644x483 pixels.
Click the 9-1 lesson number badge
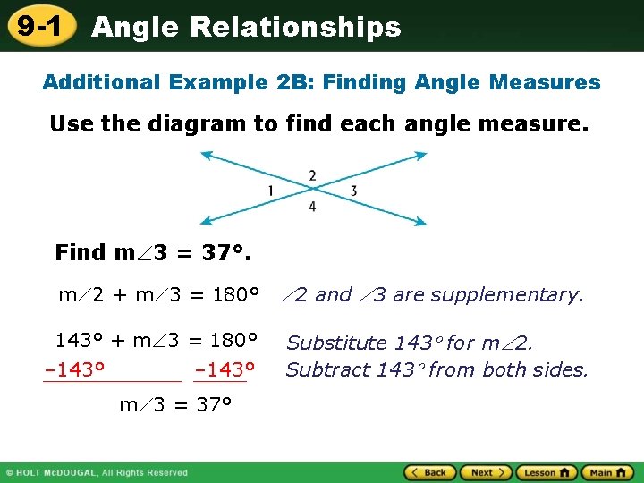pyautogui.click(x=38, y=26)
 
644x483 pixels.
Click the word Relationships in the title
pyautogui.click(x=297, y=27)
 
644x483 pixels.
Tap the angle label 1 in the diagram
pyautogui.click(x=270, y=191)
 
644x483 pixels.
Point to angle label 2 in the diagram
pyautogui.click(x=312, y=174)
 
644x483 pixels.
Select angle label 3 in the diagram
pyautogui.click(x=353, y=191)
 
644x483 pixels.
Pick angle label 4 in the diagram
pyautogui.click(x=312, y=207)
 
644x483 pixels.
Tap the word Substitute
pyautogui.click(x=335, y=343)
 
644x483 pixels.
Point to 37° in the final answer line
pyautogui.click(x=214, y=404)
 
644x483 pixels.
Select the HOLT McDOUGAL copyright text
pyautogui.click(x=98, y=472)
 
